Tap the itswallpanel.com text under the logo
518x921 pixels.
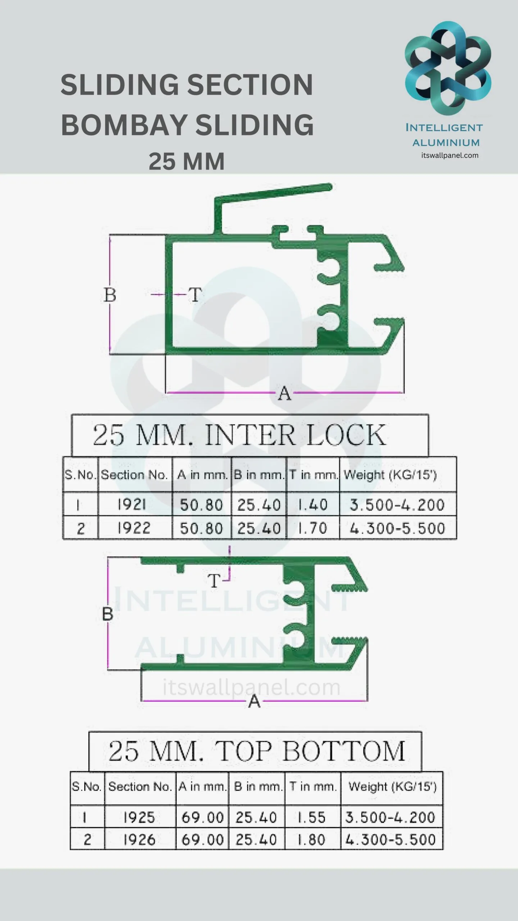(x=450, y=155)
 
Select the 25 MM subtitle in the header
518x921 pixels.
(x=186, y=162)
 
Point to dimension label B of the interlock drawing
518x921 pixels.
(x=110, y=295)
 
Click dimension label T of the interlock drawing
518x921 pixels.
(x=195, y=295)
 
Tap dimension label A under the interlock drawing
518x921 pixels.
(x=284, y=394)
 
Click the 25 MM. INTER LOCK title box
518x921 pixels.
(x=250, y=435)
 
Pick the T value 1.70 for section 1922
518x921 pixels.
(x=313, y=528)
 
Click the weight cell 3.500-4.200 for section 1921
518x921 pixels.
(x=398, y=504)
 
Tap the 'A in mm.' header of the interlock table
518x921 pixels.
(x=202, y=475)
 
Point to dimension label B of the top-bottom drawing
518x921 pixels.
(x=108, y=614)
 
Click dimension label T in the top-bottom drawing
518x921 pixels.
(x=214, y=581)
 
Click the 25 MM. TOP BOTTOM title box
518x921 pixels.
(x=255, y=751)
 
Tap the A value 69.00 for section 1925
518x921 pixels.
(x=202, y=817)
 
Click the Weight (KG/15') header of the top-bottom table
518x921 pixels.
(x=392, y=787)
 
